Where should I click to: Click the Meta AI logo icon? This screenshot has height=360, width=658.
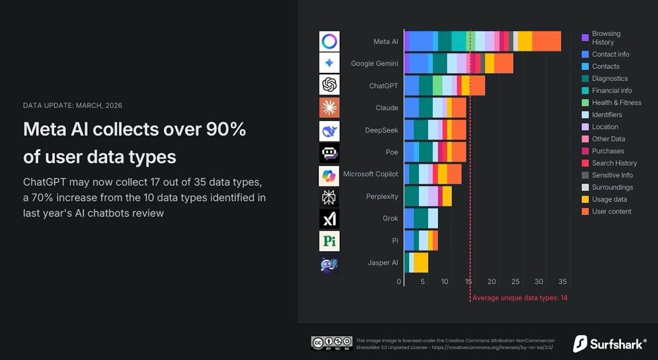(x=329, y=41)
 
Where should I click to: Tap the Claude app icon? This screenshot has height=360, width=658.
(x=329, y=107)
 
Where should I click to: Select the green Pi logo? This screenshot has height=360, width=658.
(x=329, y=241)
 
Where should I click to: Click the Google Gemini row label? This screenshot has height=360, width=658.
(x=374, y=63)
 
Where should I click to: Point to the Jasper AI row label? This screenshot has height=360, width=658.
(x=382, y=262)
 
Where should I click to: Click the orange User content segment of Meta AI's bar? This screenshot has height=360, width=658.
(x=547, y=41)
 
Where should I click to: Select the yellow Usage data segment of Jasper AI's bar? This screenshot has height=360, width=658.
(x=421, y=262)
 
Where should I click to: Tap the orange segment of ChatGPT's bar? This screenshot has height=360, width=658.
(x=477, y=86)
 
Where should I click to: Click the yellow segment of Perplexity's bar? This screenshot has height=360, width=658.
(x=447, y=196)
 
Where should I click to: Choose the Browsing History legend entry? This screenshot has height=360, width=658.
(x=606, y=38)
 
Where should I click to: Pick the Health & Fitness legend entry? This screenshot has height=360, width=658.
(x=616, y=102)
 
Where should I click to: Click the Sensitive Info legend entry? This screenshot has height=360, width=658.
(x=612, y=175)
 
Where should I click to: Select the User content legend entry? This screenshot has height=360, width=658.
(x=611, y=211)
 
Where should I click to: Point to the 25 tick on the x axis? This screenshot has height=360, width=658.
(x=515, y=281)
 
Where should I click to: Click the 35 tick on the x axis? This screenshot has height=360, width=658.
(x=563, y=281)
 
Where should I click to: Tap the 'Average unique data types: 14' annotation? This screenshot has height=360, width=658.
(x=520, y=297)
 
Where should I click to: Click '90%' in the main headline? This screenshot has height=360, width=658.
(x=226, y=129)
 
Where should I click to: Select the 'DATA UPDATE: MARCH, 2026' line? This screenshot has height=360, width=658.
(x=72, y=105)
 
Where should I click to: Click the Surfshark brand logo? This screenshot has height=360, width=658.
(x=610, y=344)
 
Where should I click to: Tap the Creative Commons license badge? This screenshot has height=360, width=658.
(x=331, y=343)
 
